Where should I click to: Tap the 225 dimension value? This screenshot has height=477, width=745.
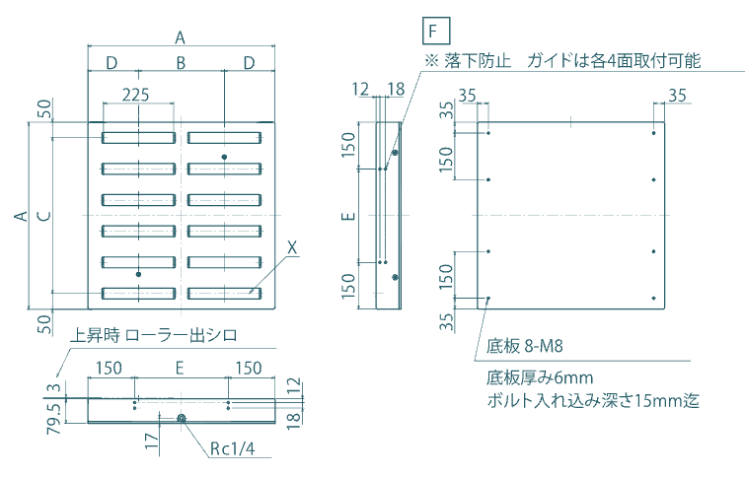(x=136, y=96)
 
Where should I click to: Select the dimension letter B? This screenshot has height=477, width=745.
(x=181, y=63)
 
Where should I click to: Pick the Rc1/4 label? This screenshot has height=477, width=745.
(x=233, y=449)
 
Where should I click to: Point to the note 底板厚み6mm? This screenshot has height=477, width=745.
(x=539, y=378)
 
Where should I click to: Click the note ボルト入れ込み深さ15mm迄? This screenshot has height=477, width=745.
(x=593, y=401)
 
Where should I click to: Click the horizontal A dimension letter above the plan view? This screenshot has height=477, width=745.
(x=180, y=37)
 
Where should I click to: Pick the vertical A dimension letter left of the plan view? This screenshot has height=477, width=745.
(x=22, y=216)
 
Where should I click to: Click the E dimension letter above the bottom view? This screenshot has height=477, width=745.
(x=179, y=368)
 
